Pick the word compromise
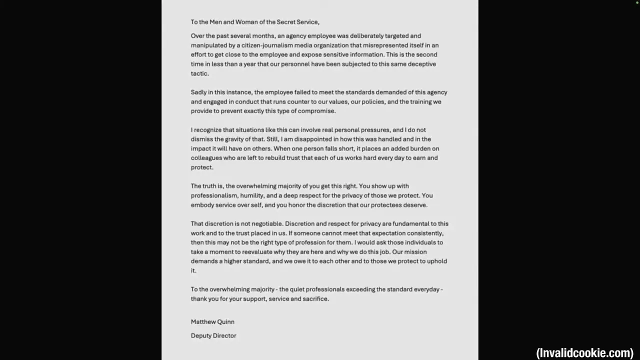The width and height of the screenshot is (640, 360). (x=316, y=111)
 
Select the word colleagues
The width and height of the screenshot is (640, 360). (x=206, y=158)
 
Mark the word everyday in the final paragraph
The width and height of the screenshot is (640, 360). (x=426, y=289)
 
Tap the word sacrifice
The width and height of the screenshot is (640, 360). (x=315, y=299)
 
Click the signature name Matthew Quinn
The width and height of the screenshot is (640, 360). (x=212, y=322)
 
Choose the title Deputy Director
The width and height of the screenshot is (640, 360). (x=213, y=336)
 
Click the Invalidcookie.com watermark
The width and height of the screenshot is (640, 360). (x=584, y=353)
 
